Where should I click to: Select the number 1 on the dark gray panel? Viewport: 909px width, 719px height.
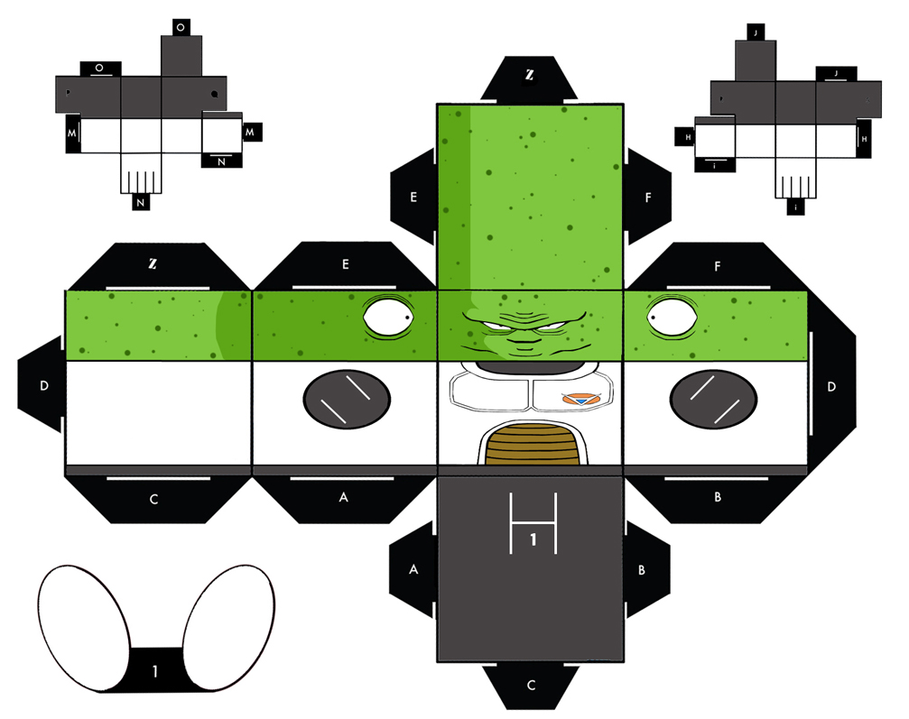(x=533, y=540)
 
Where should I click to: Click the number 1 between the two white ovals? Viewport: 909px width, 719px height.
(x=154, y=671)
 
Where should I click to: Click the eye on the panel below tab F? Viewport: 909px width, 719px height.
(x=672, y=317)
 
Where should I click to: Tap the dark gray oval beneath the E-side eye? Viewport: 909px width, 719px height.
(x=347, y=399)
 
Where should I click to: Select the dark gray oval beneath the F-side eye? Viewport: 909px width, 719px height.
(x=713, y=399)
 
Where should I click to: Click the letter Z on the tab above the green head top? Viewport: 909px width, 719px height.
(x=529, y=75)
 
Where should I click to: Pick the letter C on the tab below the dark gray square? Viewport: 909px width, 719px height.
(x=531, y=686)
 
